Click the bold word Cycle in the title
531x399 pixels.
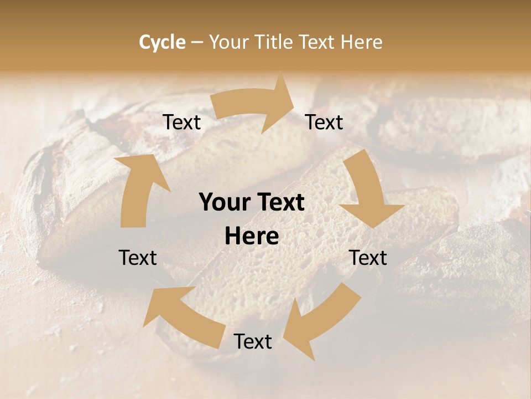click(162, 42)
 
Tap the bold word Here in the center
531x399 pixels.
click(252, 237)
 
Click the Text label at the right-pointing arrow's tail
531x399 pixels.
click(181, 122)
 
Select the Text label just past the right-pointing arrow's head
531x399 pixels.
click(324, 122)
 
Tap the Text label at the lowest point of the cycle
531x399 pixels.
click(253, 342)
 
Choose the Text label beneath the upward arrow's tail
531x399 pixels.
click(138, 258)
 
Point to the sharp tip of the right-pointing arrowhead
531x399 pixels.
click(294, 103)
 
